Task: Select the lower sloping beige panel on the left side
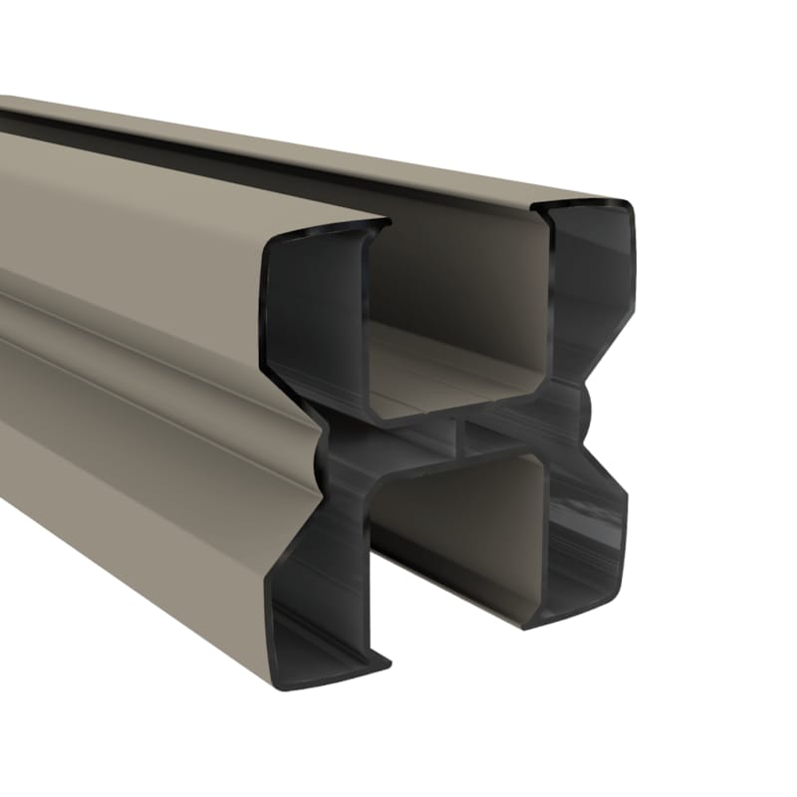click(130, 468)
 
